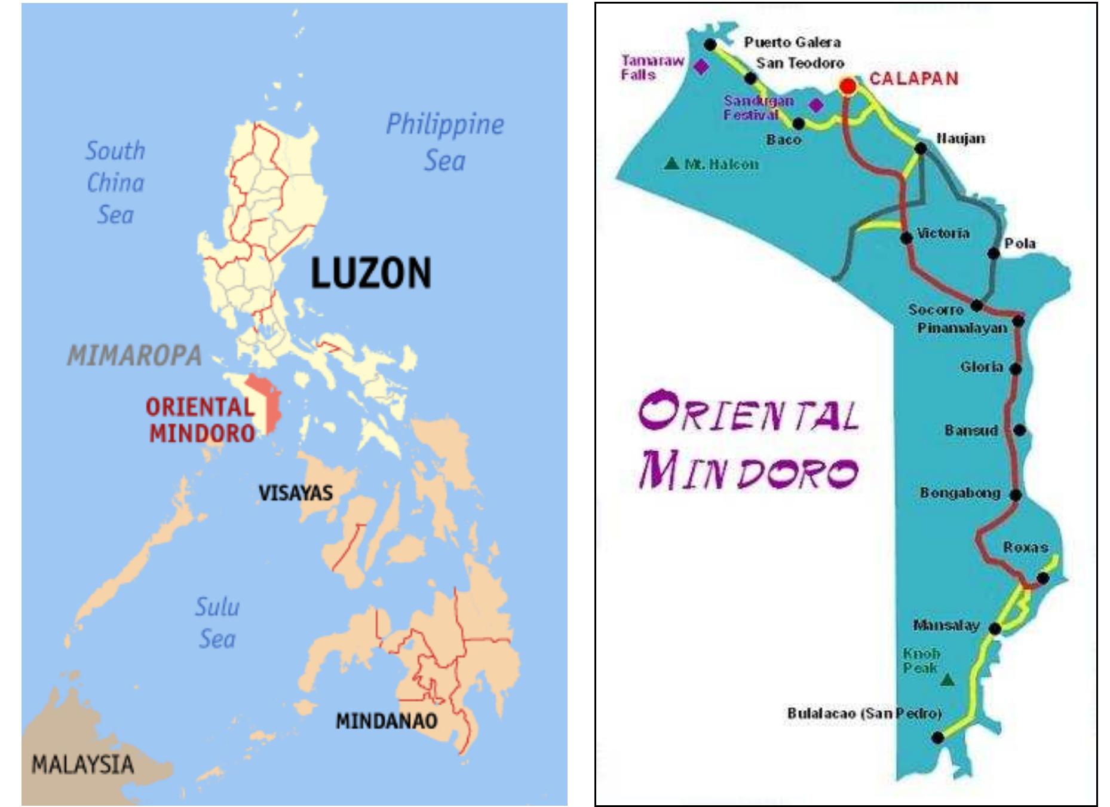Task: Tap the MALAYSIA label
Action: [82, 765]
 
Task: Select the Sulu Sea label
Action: [217, 623]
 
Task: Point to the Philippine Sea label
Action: [444, 142]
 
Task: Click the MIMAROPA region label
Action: [134, 356]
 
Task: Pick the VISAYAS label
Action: [295, 493]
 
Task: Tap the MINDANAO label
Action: [386, 721]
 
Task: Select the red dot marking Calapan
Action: [847, 86]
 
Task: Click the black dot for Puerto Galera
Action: [710, 44]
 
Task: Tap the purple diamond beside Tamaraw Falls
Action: [701, 66]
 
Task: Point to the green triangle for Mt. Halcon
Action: [671, 163]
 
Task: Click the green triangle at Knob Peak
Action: [947, 680]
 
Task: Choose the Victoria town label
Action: [943, 233]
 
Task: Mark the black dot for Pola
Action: [993, 253]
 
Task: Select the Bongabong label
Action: [959, 493]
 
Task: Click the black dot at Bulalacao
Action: [937, 738]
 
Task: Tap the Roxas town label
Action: [1025, 547]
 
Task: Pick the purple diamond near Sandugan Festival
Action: [815, 105]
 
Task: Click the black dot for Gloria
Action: [1015, 369]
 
